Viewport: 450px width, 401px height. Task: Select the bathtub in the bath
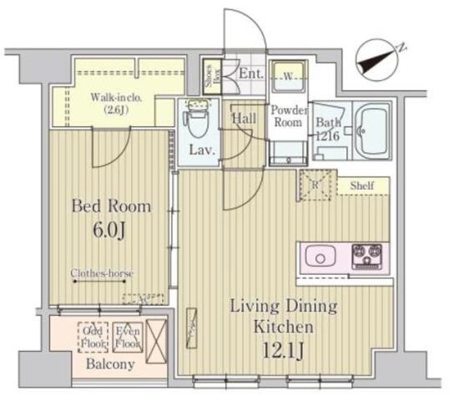click(x=372, y=131)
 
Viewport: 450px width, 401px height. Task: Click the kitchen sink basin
click(x=321, y=256)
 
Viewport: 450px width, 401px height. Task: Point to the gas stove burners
click(x=367, y=255)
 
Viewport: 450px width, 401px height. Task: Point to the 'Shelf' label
click(x=362, y=185)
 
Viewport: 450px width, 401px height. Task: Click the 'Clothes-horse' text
click(x=103, y=272)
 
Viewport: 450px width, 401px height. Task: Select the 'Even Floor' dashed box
click(x=127, y=336)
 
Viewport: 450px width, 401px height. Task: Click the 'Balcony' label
click(x=109, y=365)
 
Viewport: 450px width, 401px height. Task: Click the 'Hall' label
click(x=244, y=118)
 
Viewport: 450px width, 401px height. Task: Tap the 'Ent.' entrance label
click(x=251, y=74)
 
